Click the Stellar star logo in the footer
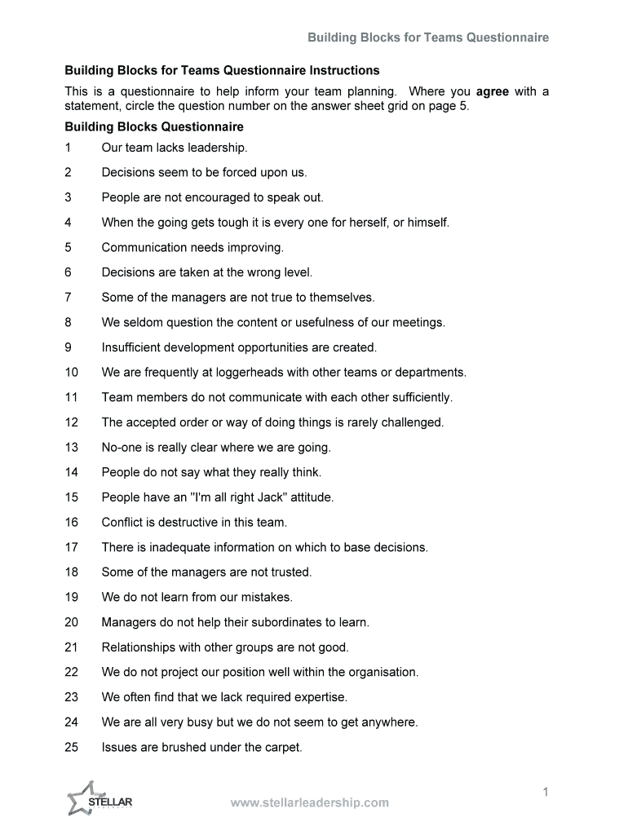click(x=86, y=798)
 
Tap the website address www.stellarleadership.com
click(x=310, y=802)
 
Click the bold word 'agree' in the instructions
click(x=492, y=91)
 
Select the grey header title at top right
click(x=427, y=38)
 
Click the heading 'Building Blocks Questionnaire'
click(x=154, y=127)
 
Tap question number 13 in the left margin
click(x=72, y=448)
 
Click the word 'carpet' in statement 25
click(x=282, y=747)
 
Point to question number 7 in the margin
click(x=69, y=298)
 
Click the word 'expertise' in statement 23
click(x=321, y=697)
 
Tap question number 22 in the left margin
click(x=72, y=672)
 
